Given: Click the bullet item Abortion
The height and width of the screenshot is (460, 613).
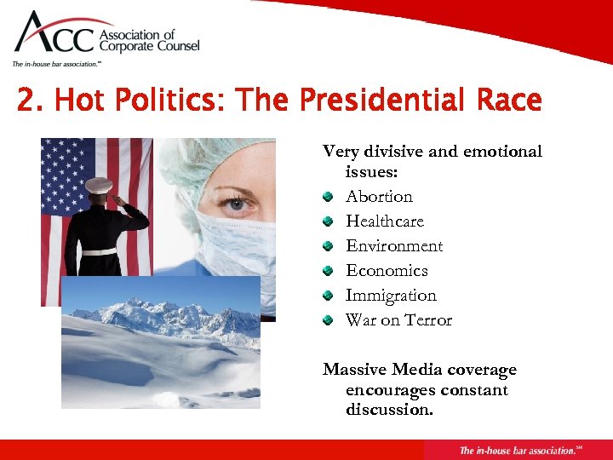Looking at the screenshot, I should [379, 196].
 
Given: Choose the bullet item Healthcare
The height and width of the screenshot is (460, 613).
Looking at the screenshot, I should [384, 221].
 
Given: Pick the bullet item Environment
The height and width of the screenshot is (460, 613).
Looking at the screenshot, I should [393, 245].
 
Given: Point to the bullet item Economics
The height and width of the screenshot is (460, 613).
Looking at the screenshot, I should [386, 270].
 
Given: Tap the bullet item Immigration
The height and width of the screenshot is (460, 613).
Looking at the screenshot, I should [390, 295].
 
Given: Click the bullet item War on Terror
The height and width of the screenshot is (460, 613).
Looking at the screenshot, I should [398, 319].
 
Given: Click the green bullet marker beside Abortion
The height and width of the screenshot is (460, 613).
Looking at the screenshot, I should [328, 197].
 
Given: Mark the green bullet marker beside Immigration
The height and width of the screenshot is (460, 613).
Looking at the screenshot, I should [328, 296].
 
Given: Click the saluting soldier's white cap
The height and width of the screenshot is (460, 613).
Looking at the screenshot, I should [99, 185].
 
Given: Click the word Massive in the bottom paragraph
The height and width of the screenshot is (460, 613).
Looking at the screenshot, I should [354, 370].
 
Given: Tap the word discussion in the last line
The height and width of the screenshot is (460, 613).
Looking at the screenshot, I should [388, 410].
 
